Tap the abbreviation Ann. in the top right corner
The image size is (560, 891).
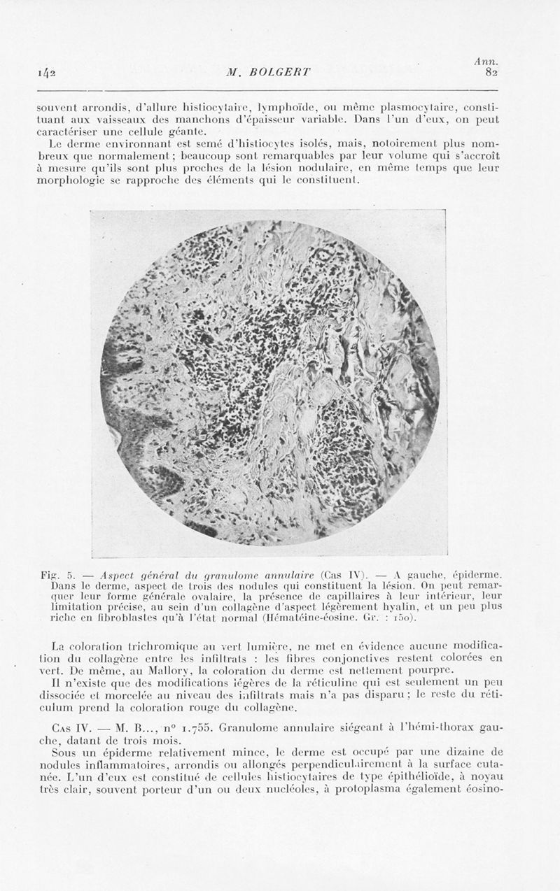(x=485, y=62)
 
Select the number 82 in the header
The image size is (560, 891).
(x=490, y=73)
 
